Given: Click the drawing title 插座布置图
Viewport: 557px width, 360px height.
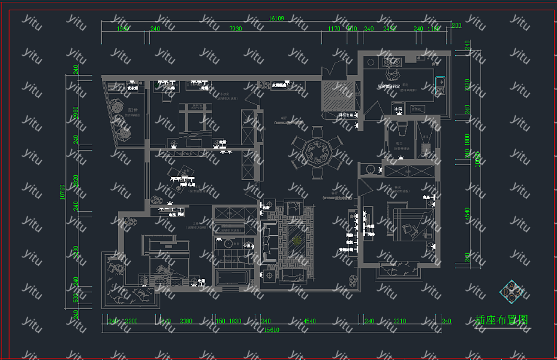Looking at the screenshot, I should click(x=501, y=320).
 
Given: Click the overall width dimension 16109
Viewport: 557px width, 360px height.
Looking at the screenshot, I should click(x=276, y=19).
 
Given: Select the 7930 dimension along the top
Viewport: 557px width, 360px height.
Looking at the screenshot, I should click(x=235, y=29).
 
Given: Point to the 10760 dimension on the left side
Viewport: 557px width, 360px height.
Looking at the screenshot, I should click(x=62, y=191).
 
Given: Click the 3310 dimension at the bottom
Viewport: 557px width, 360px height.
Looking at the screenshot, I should click(x=399, y=322).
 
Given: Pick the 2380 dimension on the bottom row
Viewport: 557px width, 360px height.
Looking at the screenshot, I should click(x=186, y=322).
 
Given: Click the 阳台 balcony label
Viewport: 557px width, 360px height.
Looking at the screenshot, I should click(x=133, y=110).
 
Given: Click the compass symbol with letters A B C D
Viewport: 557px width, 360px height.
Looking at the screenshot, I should click(x=511, y=292).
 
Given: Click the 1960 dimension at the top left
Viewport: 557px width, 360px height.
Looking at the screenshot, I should click(x=123, y=29).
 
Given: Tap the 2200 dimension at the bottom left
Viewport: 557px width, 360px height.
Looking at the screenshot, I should click(x=131, y=322).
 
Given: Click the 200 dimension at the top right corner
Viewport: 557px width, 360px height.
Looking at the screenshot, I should click(x=456, y=25).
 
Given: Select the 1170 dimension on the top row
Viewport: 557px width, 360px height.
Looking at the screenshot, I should click(x=334, y=29).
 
